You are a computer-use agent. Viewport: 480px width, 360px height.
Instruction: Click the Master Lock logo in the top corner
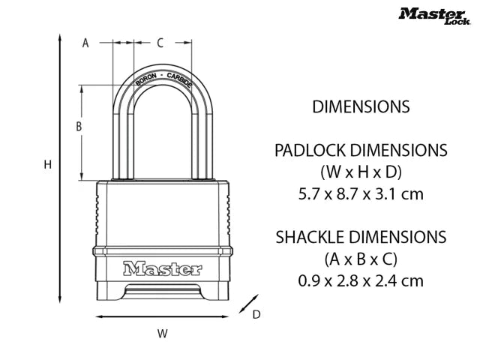434,15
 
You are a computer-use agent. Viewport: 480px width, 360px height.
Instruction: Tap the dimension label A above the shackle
85,43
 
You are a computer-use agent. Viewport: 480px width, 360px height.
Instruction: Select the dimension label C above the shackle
160,43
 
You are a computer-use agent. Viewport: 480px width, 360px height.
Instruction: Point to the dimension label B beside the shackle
78,127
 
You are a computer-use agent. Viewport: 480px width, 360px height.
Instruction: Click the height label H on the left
46,164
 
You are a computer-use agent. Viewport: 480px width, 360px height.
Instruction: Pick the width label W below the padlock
162,332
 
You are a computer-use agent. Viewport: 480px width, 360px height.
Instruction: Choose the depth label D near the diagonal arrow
256,315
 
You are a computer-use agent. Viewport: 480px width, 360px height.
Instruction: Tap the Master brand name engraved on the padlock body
161,268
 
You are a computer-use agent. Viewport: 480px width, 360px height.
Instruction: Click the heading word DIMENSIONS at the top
361,106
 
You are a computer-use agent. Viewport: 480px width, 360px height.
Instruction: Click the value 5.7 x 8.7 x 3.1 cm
361,193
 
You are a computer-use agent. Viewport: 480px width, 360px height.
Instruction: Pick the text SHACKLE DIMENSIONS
361,237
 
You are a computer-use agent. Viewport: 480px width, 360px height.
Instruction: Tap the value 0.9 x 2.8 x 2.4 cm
361,281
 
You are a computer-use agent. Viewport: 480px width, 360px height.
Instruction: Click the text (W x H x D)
361,171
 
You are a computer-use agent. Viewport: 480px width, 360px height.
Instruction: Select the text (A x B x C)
361,259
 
